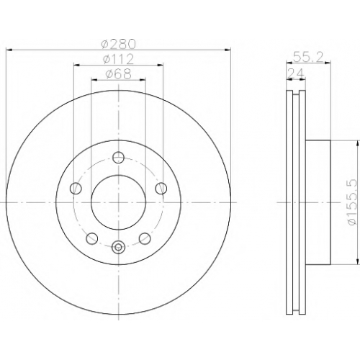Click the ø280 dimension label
click(x=119, y=44)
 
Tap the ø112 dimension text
click(x=118, y=59)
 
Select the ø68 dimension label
click(x=119, y=74)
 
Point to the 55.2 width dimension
click(x=308, y=58)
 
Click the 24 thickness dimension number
click(x=296, y=73)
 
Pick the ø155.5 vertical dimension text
click(x=353, y=202)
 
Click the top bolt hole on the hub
click(x=119, y=158)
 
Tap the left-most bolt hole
click(x=76, y=188)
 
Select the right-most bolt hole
click(x=161, y=188)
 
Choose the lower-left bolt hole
click(x=92, y=238)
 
